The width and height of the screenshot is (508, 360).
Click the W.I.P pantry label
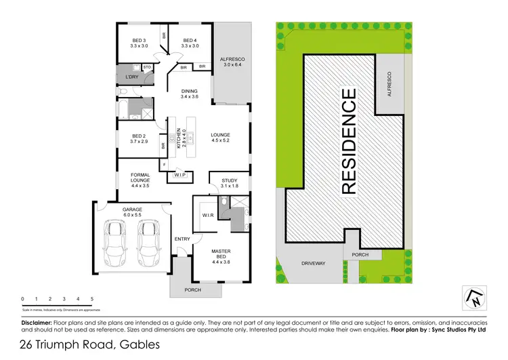point(179,176)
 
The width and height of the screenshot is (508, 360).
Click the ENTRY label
point(182,239)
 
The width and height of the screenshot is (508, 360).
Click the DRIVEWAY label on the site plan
point(314,263)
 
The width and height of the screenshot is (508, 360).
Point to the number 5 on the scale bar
point(91,298)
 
